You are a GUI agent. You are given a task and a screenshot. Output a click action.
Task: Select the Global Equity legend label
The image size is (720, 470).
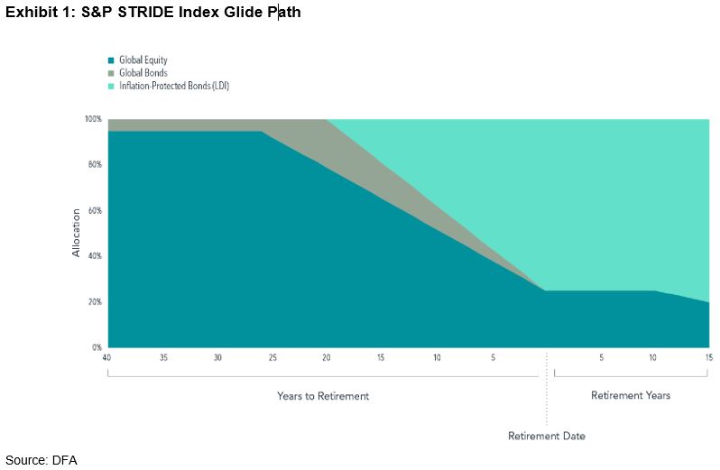[143, 60]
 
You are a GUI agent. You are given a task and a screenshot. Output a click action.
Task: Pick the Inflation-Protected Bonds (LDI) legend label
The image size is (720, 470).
[174, 86]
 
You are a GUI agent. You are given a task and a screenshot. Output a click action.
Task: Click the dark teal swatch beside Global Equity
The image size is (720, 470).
[111, 60]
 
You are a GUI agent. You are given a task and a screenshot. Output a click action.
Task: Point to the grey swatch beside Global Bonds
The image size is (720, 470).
[111, 73]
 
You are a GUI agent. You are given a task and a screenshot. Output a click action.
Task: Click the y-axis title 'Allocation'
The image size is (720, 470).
[77, 233]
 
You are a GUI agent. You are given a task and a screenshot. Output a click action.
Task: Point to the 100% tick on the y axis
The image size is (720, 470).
[93, 119]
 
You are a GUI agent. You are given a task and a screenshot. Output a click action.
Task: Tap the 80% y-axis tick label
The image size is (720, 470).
[95, 165]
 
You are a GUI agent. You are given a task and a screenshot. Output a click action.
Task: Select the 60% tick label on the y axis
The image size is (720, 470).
[95, 210]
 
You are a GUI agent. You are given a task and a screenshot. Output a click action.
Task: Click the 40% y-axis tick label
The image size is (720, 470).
[95, 256]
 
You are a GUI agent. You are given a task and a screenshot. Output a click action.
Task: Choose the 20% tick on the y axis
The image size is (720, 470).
[95, 301]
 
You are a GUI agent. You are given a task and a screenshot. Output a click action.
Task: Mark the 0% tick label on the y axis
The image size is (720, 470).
[97, 347]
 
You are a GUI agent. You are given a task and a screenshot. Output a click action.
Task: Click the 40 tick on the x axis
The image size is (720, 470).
[107, 358]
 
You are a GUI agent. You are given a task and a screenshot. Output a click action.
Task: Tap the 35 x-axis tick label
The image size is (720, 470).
[162, 358]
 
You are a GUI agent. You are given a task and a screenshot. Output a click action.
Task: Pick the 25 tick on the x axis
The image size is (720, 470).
[272, 358]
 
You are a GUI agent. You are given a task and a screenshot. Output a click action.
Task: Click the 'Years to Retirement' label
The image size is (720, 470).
[322, 396]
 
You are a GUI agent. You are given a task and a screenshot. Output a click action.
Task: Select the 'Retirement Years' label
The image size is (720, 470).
[631, 396]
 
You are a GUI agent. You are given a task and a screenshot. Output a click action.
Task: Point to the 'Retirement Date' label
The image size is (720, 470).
[547, 437]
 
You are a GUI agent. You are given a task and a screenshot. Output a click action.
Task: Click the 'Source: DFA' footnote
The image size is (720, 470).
[42, 460]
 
